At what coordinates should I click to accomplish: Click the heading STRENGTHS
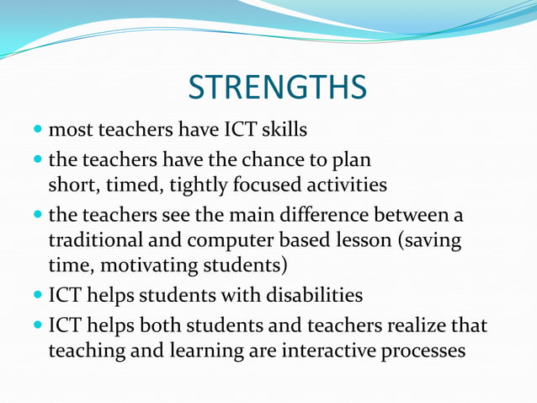(x=277, y=87)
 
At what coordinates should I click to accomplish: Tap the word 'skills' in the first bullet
(x=279, y=131)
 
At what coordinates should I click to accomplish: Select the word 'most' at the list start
(x=67, y=131)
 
